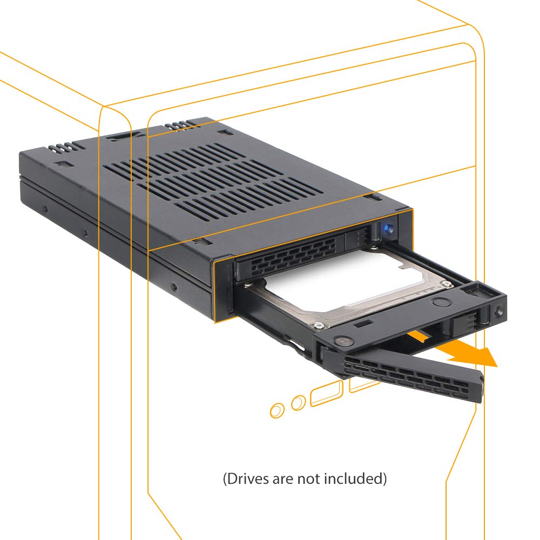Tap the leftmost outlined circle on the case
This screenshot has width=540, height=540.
(x=276, y=410)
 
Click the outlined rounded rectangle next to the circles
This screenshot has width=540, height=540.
(x=327, y=394)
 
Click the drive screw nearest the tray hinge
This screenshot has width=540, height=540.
(x=319, y=326)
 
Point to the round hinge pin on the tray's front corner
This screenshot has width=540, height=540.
(x=340, y=341)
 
